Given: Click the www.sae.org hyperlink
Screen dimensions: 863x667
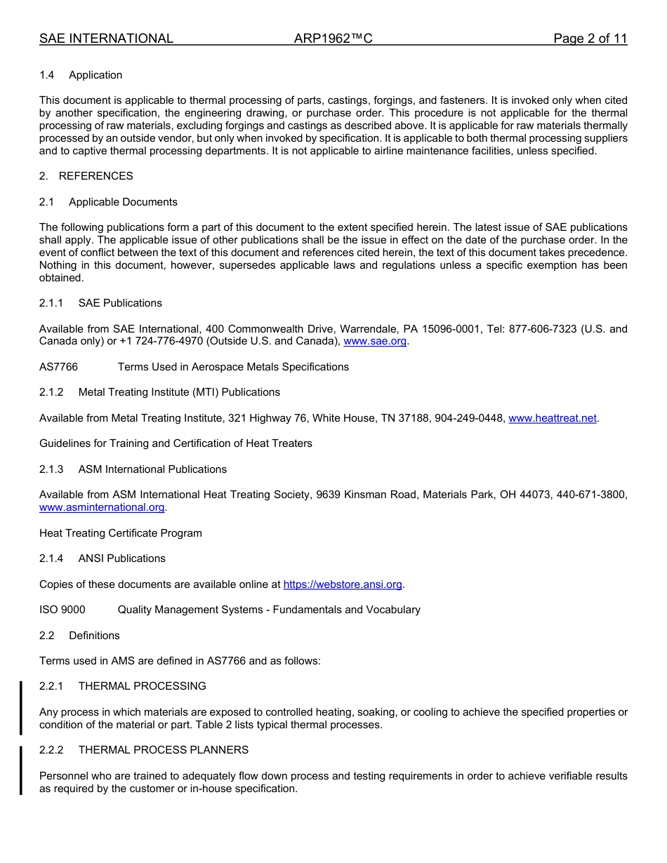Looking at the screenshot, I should [x=375, y=341].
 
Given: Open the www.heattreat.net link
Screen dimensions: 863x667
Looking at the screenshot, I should [x=552, y=418].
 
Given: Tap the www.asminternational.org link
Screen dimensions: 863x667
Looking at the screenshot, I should [x=102, y=507].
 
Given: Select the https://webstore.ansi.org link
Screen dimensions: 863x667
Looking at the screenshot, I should [x=343, y=584].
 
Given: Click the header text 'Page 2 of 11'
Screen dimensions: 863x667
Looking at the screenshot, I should [x=590, y=39].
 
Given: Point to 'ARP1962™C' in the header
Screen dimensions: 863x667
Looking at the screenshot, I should [x=333, y=39].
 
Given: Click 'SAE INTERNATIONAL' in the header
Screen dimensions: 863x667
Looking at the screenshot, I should [x=106, y=39].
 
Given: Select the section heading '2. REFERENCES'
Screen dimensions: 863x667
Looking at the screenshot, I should [x=86, y=176].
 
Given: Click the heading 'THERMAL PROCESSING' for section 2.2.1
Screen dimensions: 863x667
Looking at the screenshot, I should [x=142, y=686].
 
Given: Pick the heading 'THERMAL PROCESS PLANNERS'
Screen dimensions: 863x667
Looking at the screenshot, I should [x=163, y=750].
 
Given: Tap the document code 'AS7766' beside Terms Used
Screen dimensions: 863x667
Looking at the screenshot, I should [x=58, y=367].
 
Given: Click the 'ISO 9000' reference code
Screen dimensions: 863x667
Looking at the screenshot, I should [x=62, y=610].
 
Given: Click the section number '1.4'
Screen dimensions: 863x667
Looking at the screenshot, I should [x=47, y=75].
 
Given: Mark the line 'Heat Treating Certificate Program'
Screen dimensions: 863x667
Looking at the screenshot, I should [x=120, y=533].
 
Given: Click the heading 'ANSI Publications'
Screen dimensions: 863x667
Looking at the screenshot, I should [x=121, y=558].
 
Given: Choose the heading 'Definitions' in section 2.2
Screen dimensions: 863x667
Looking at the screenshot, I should [x=94, y=636].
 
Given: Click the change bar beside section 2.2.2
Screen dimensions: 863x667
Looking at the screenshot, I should [x=21, y=770].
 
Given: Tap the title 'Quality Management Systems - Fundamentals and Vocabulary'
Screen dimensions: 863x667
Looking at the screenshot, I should [x=269, y=610].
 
